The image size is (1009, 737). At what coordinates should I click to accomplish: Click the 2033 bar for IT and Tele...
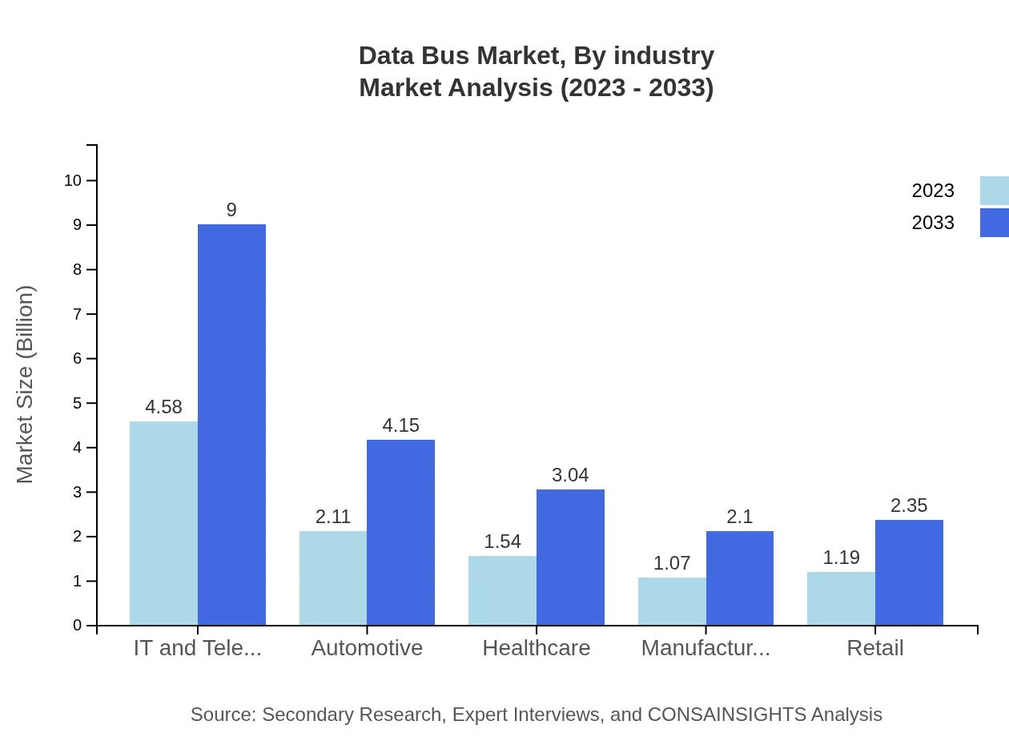231,425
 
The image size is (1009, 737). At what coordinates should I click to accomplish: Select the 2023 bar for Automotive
333,578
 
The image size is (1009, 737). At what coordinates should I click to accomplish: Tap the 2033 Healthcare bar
570,557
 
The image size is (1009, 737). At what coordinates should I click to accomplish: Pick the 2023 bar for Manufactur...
672,601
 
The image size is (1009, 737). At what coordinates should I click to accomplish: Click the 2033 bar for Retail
909,572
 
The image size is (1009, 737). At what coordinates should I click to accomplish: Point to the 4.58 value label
163,407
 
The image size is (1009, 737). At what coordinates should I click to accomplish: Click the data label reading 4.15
400,425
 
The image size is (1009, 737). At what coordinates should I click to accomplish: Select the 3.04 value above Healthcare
570,475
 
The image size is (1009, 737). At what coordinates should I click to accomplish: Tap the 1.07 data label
672,563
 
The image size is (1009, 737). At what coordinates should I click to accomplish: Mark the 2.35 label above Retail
909,505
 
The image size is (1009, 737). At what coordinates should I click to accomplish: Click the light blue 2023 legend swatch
994,191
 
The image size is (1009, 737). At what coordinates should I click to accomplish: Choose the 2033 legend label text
933,223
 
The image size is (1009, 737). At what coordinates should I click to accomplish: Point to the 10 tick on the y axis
73,180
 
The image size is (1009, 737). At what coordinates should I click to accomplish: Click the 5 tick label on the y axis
78,403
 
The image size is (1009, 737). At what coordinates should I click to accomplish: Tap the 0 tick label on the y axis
78,625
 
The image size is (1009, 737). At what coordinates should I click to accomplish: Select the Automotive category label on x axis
367,647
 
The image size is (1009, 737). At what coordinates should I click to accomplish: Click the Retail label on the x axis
874,647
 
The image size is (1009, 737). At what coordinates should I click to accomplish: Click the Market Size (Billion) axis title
25,385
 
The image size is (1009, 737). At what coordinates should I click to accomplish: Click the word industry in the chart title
664,56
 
